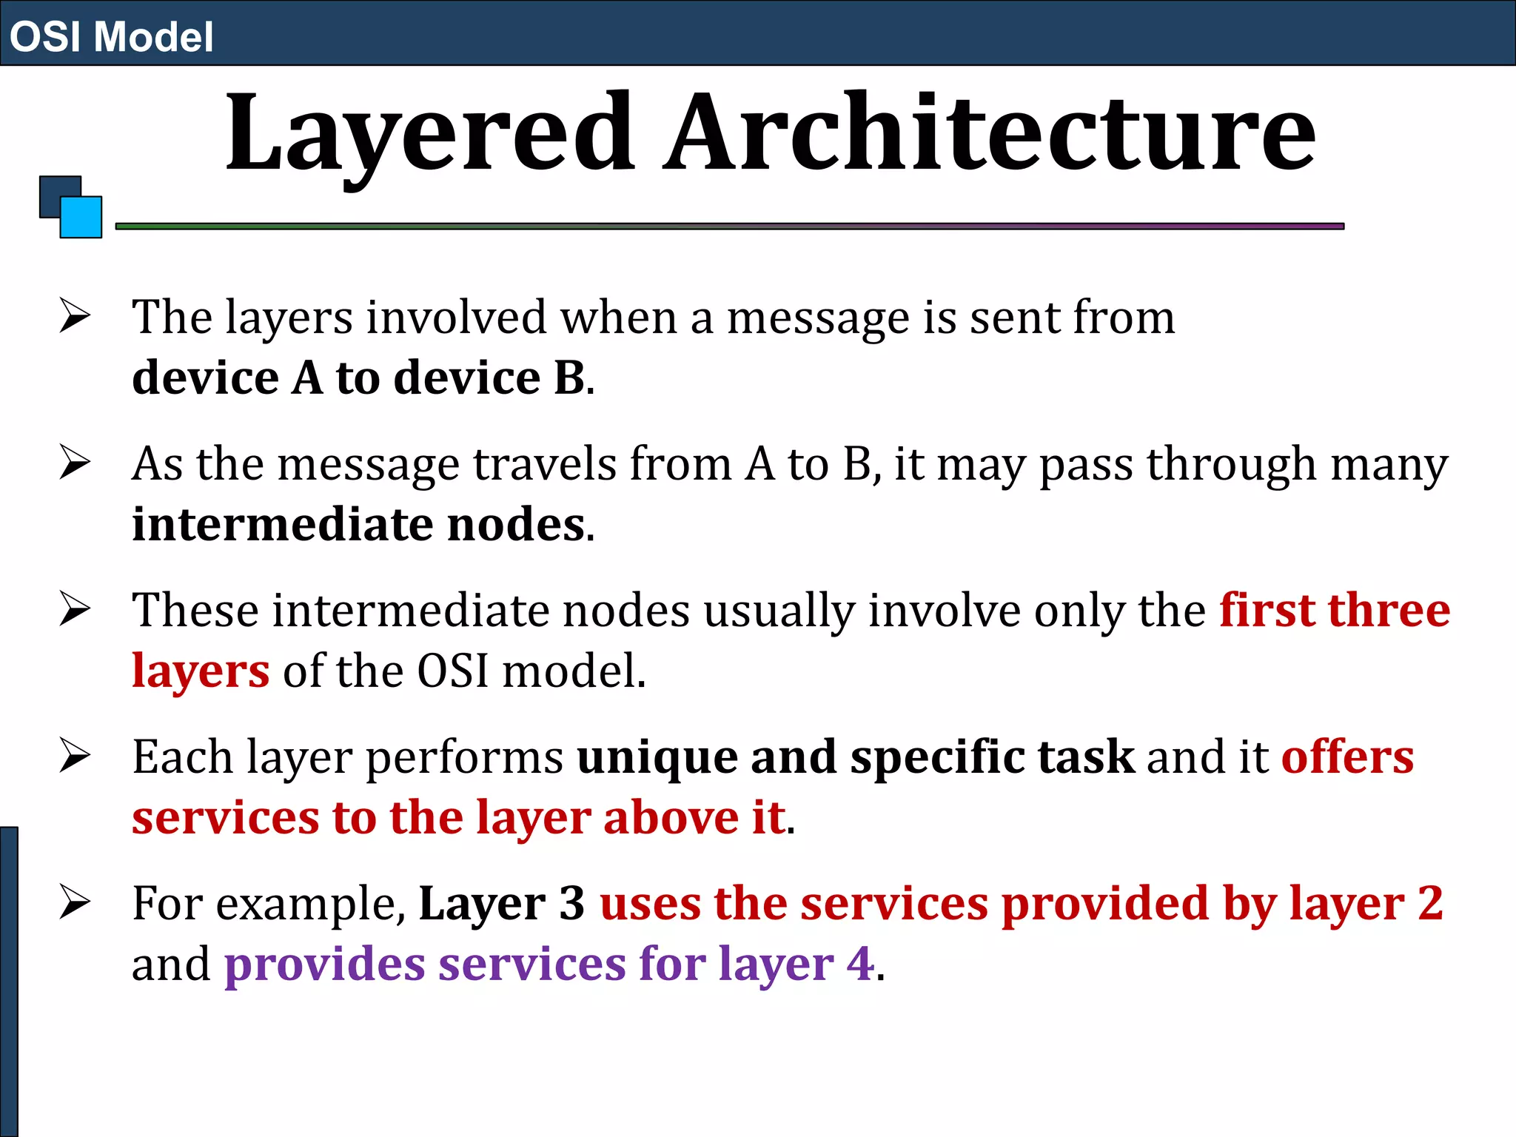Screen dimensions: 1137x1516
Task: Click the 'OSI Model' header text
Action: tap(111, 36)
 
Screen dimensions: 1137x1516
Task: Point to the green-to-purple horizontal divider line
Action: tap(729, 226)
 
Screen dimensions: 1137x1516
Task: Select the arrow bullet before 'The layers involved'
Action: tap(75, 316)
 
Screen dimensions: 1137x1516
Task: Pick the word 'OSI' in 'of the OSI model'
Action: tap(452, 671)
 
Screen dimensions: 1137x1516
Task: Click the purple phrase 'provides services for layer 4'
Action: tap(549, 964)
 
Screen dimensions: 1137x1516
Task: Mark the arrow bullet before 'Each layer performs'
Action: tap(75, 756)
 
